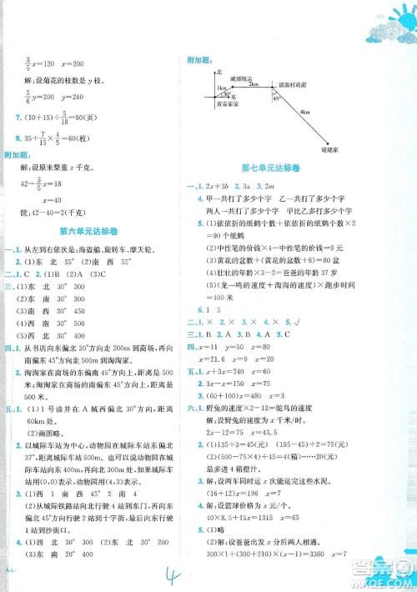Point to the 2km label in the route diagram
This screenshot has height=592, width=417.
[254, 84]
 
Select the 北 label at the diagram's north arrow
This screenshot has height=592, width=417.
[206, 73]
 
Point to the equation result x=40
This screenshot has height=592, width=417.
[63, 199]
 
